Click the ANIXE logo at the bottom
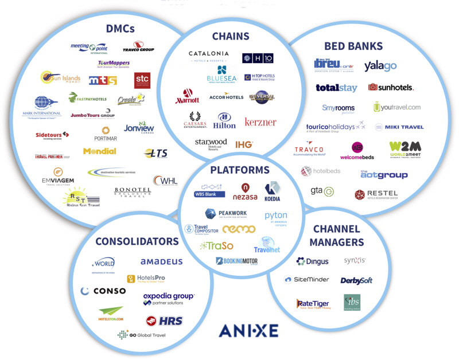pos(248,330)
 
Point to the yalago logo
pos(380,66)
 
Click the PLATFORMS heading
pos(239,170)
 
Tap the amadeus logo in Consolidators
pos(162,261)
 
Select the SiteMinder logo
pos(307,279)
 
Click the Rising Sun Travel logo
pos(81,198)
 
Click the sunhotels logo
pos(391,87)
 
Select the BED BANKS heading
pos(353,46)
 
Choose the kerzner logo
pos(260,122)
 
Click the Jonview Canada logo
pos(139,128)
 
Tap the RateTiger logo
pos(312,304)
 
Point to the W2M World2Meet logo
pos(404,150)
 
